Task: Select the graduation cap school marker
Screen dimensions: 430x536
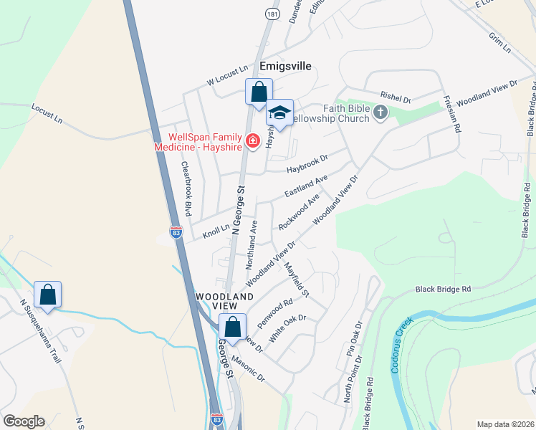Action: [279, 113]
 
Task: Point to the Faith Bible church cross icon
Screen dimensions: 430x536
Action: [380, 111]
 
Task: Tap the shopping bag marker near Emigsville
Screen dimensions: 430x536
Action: [259, 92]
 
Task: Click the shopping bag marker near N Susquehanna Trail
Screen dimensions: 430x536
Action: [47, 295]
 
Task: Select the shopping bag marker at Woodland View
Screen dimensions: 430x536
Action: [232, 327]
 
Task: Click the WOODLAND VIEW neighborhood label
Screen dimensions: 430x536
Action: [225, 302]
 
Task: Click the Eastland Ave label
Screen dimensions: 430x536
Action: [306, 186]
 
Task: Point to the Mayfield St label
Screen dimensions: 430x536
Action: [296, 280]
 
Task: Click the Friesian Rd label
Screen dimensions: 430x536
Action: [451, 114]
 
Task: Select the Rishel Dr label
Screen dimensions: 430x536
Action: [396, 95]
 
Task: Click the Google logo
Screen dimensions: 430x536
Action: [24, 421]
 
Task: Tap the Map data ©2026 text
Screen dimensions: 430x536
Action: [505, 424]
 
